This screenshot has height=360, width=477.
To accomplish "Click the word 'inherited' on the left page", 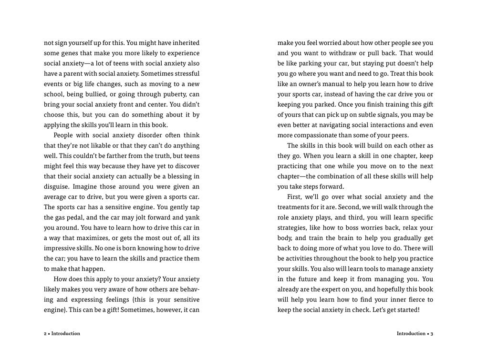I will [x=184, y=43].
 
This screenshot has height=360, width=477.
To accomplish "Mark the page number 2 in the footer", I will [x=45, y=334].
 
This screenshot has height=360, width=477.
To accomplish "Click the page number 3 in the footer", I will [x=432, y=334].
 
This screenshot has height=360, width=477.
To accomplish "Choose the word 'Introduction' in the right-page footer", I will [x=411, y=334].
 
